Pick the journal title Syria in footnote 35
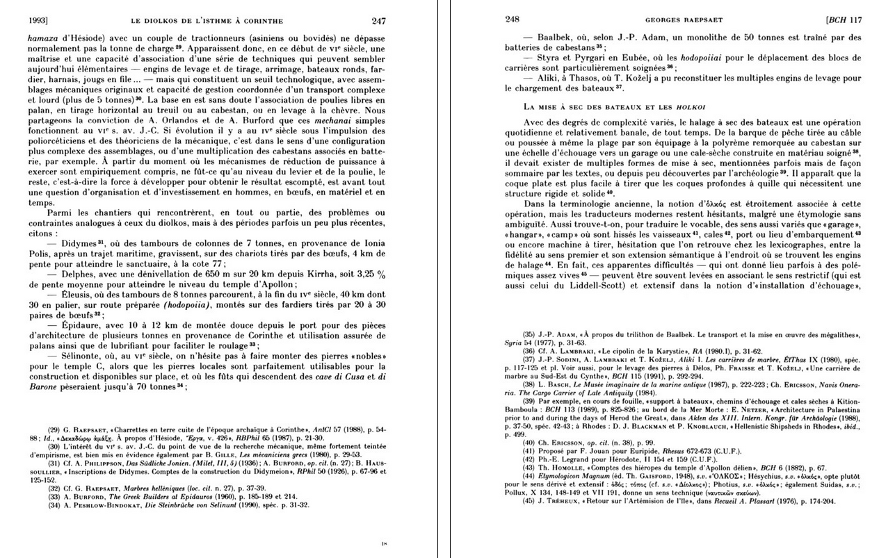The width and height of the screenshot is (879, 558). click(516, 343)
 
